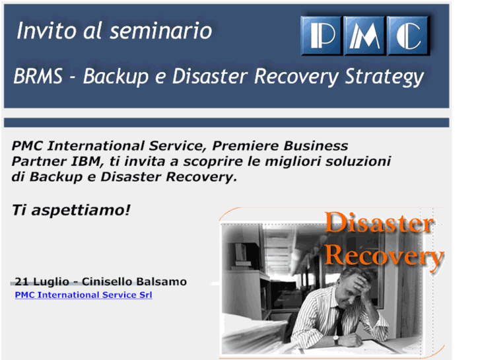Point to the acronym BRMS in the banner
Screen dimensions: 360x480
[x=39, y=77]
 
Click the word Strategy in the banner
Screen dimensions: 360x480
[x=384, y=78]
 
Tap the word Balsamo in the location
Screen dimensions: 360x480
[x=161, y=281]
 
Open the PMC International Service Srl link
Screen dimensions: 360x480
[x=83, y=295]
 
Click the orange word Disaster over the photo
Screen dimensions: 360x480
[x=379, y=224]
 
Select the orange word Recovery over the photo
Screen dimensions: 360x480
[x=384, y=256]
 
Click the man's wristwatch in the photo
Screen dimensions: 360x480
[x=335, y=340]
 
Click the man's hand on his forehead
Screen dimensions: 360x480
[x=360, y=284]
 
